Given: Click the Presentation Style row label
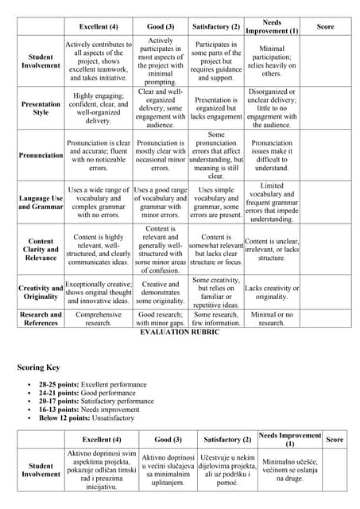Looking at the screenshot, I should click(41, 108).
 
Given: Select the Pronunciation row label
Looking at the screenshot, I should click(41, 155).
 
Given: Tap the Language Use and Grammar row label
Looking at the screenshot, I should click(41, 202).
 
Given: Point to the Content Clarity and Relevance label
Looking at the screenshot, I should click(41, 248).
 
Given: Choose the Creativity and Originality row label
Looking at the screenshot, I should click(41, 292).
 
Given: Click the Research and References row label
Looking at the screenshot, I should click(41, 318).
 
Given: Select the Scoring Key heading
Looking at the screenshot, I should click(38, 367).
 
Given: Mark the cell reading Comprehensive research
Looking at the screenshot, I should click(98, 318).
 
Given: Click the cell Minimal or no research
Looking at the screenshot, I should click(272, 318).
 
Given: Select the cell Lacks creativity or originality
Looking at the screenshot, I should click(272, 292).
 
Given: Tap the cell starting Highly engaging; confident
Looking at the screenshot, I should click(98, 108).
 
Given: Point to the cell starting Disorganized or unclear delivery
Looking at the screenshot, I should click(272, 108).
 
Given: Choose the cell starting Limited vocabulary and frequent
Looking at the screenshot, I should click(272, 202).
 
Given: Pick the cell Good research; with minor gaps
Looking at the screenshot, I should click(161, 318).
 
